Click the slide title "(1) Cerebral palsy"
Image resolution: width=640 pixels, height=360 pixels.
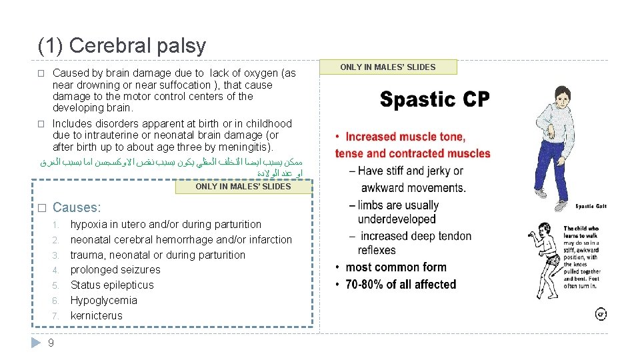point(122,46)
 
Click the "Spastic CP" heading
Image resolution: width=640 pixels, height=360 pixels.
point(435,100)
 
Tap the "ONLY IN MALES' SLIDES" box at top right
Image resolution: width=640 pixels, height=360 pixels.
point(388,67)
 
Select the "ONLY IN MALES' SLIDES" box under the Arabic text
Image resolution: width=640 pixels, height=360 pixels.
point(243,187)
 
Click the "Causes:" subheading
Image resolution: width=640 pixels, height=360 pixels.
point(77,207)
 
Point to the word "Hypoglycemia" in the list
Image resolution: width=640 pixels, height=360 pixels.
point(103,300)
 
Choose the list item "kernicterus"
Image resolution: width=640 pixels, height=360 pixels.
point(97,315)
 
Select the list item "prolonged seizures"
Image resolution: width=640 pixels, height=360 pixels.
point(115,269)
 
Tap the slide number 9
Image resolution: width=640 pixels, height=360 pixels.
point(51,343)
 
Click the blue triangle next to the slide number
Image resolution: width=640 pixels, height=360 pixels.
point(37,343)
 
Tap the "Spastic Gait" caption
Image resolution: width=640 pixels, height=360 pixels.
point(590,206)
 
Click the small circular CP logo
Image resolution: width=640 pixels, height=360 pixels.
point(600,313)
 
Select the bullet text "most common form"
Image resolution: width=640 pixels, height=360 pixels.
point(396,267)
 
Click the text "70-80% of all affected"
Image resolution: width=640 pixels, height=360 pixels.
point(401,284)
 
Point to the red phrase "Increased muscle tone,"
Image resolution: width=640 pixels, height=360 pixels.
point(405,137)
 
